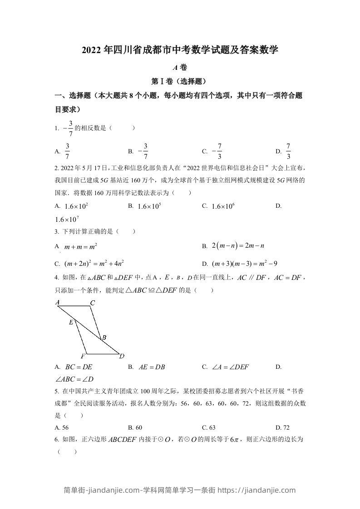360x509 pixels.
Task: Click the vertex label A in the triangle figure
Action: [x=58, y=303]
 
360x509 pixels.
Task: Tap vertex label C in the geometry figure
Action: [x=92, y=303]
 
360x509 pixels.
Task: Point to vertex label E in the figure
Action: [x=71, y=323]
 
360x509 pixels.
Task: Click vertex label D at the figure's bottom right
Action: [x=121, y=356]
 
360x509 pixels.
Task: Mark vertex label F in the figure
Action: [x=84, y=356]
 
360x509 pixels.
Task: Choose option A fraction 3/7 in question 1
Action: [x=67, y=152]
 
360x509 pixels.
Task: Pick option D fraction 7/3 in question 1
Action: [x=288, y=152]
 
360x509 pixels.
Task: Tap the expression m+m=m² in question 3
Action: [x=81, y=247]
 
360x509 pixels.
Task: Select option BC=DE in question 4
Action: [x=79, y=367]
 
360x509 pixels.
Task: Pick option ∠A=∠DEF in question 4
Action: [x=232, y=367]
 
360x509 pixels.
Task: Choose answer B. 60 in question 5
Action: [x=135, y=427]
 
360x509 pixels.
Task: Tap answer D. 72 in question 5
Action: [x=282, y=427]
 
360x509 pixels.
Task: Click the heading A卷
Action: [x=180, y=67]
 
